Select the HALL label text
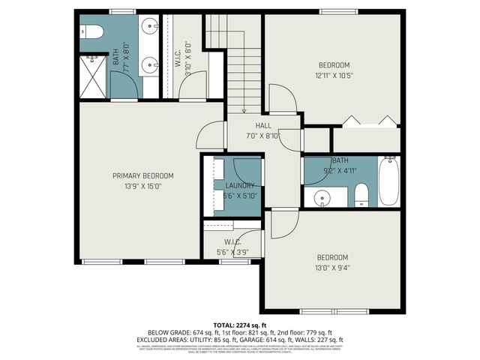pos(263,125)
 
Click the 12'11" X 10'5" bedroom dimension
pos(334,75)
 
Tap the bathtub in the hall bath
pos(388,181)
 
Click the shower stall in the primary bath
pos(94,75)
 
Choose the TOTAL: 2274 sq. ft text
pos(240,325)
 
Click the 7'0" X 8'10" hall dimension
pos(263,136)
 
